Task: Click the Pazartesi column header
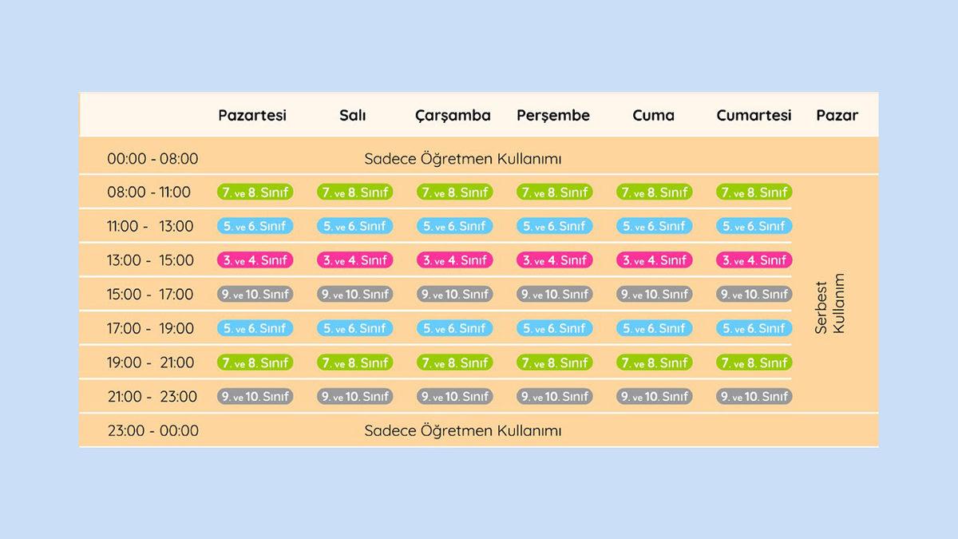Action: pyautogui.click(x=252, y=115)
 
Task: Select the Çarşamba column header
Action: pyautogui.click(x=453, y=115)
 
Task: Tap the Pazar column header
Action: pyautogui.click(x=837, y=115)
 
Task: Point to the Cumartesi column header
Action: pyautogui.click(x=754, y=115)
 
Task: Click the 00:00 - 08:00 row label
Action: pyautogui.click(x=152, y=159)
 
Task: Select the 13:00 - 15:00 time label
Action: pyautogui.click(x=150, y=260)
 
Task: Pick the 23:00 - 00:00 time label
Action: pyautogui.click(x=152, y=431)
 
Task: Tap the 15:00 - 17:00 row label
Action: pyautogui.click(x=150, y=295)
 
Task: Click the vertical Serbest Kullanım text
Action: pyautogui.click(x=829, y=303)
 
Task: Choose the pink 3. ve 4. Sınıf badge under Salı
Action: pyautogui.click(x=355, y=260)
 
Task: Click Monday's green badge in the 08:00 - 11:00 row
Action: pyautogui.click(x=255, y=192)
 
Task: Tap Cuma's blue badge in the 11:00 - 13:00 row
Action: pyautogui.click(x=655, y=226)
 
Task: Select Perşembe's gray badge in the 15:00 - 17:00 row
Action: pyautogui.click(x=555, y=295)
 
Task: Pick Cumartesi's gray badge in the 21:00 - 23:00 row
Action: pyautogui.click(x=754, y=397)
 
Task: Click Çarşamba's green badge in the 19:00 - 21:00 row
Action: pyautogui.click(x=455, y=363)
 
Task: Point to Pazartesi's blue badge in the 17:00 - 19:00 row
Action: pyautogui.click(x=255, y=328)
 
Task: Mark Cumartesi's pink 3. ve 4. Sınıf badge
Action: pyautogui.click(x=754, y=260)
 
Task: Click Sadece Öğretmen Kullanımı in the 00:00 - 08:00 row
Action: pyautogui.click(x=463, y=159)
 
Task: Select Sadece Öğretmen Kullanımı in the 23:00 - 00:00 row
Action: pyautogui.click(x=463, y=431)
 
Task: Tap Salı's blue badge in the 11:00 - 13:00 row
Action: pyautogui.click(x=355, y=226)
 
